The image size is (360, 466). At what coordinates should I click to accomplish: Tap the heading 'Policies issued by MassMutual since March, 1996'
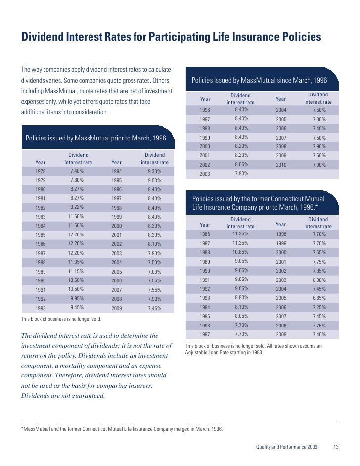click(259, 80)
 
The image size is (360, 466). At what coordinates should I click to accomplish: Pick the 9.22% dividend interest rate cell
click(77, 207)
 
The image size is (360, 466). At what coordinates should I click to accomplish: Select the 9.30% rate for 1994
click(154, 171)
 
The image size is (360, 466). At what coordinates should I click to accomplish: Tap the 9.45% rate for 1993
click(77, 307)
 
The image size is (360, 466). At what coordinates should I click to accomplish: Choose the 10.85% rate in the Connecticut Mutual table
click(240, 252)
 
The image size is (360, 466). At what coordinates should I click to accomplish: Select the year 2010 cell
click(281, 165)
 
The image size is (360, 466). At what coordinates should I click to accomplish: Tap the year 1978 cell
click(41, 171)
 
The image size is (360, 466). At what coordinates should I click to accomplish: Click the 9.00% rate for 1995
click(154, 181)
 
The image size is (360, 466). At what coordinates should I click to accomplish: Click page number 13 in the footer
click(336, 448)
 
